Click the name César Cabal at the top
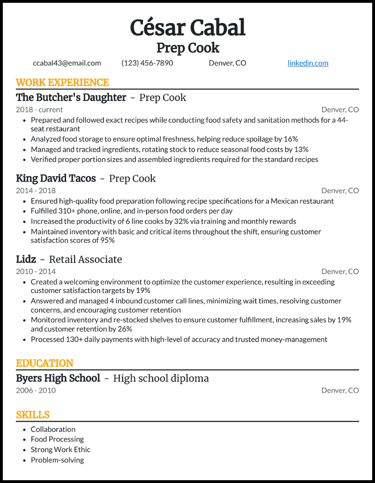pos(187,28)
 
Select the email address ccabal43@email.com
pos(67,63)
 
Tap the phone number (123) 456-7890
pos(147,63)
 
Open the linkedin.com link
pos(307,63)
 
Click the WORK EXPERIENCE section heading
pos(62,83)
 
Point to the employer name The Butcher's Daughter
pos(71,97)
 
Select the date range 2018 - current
pos(39,110)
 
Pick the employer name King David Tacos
pos(56,178)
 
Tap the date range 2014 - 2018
pos(36,190)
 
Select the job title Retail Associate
pos(85,259)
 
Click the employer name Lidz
pos(26,259)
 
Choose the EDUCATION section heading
pos(45,364)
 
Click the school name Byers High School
pos(58,378)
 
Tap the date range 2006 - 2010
pos(36,390)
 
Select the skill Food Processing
pos(57,439)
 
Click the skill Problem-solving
pos(57,460)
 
